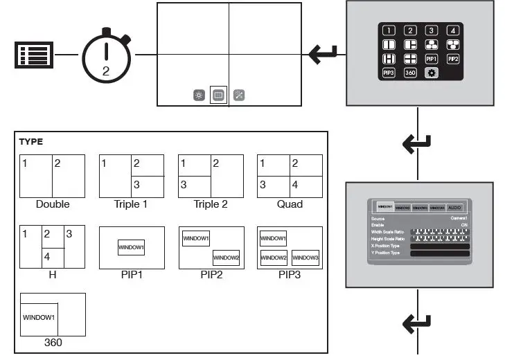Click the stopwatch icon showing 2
(106, 56)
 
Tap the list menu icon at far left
(33, 55)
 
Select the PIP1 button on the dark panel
(431, 60)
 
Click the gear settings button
(431, 73)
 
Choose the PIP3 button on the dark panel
(389, 73)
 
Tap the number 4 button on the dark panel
(452, 30)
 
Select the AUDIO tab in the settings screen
(454, 207)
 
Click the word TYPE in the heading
(30, 141)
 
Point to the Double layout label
(53, 204)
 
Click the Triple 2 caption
(211, 204)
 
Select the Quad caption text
(290, 204)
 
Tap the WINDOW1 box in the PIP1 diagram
(132, 247)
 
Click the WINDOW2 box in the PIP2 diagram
(226, 258)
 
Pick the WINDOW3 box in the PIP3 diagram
(305, 258)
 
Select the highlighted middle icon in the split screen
(218, 95)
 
